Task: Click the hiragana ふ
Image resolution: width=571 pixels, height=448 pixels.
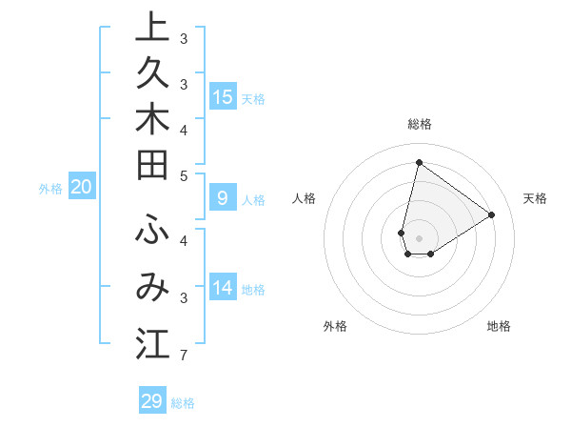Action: [x=152, y=231]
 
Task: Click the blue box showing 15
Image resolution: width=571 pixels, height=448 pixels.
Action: [x=223, y=96]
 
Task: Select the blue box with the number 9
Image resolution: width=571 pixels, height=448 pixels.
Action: [x=223, y=198]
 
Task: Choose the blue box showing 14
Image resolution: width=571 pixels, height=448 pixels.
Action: [x=223, y=287]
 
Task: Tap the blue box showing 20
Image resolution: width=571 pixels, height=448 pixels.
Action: [x=82, y=187]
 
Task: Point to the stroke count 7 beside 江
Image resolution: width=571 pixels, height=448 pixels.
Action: [x=183, y=356]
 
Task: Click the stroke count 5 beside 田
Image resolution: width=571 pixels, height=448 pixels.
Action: [x=183, y=175]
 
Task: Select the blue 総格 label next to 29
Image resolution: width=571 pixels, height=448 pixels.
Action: [x=183, y=403]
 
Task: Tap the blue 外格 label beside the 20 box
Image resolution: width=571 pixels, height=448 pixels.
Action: [x=50, y=189]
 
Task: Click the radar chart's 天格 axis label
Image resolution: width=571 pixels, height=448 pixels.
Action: [x=535, y=198]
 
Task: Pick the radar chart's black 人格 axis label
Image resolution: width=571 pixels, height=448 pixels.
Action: [x=305, y=198]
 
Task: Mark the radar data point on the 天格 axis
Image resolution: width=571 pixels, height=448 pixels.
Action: [x=491, y=214]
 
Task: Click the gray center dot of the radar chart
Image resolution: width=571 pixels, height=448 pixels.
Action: [x=419, y=238]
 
